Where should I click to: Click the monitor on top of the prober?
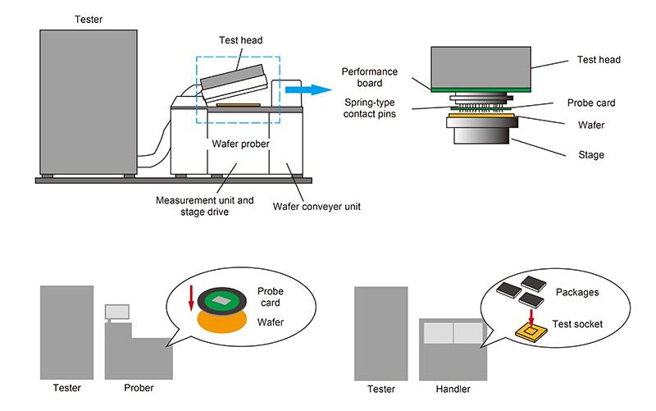[x=117, y=313]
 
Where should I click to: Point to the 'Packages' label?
[x=579, y=290]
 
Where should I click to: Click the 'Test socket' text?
[x=578, y=324]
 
